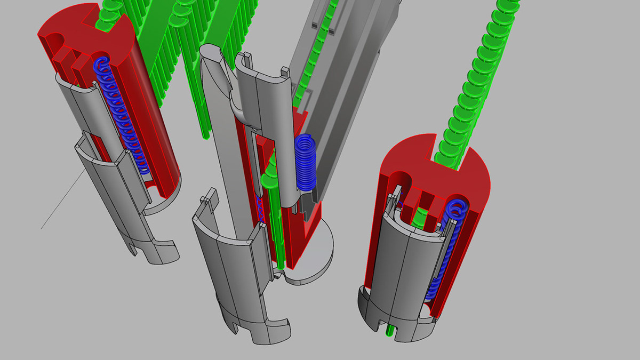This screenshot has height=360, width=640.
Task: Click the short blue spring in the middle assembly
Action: pyautogui.click(x=305, y=163)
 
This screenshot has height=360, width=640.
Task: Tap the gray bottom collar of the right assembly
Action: pyautogui.click(x=373, y=309)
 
